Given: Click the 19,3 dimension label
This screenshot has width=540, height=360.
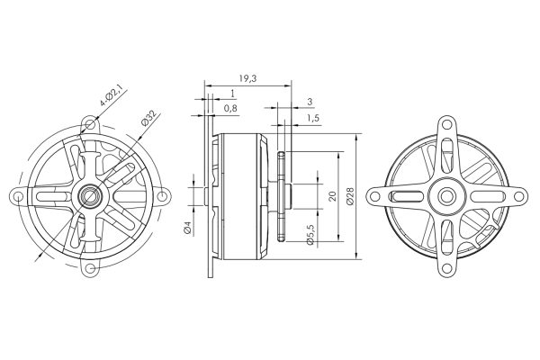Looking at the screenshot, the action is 247,78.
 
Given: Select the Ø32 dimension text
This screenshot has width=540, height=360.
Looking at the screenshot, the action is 148,118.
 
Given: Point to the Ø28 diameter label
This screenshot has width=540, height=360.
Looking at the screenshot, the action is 350,196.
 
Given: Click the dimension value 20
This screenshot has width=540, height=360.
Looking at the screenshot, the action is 332,196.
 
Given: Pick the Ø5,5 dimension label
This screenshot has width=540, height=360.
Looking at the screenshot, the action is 310,234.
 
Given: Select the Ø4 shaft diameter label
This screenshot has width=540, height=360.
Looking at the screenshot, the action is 188,228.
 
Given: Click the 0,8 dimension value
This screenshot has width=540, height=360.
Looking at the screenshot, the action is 230,109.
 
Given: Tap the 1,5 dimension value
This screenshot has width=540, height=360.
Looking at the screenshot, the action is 312,118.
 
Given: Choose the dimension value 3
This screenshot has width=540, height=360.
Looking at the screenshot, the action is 310,102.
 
